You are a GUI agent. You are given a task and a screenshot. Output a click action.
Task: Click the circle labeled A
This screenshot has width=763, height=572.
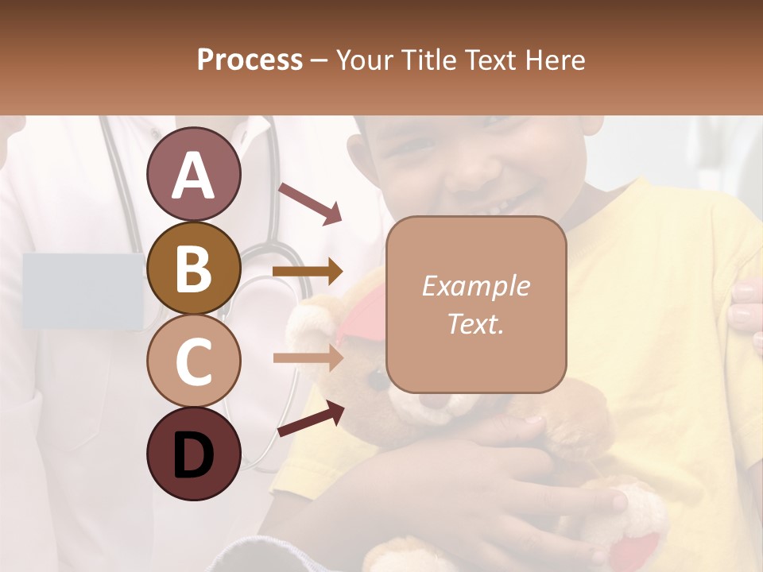coord(194,174)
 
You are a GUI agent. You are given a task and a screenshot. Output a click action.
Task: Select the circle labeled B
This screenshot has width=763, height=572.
coord(194,268)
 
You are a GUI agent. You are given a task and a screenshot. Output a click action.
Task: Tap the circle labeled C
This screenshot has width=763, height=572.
coord(194,361)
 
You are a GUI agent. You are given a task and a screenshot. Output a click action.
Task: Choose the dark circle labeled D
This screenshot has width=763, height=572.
coord(194,454)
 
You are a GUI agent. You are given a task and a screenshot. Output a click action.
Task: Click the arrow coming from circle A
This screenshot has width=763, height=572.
coord(310,203)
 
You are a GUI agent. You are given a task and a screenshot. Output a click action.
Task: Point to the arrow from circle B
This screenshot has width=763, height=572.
coord(308,272)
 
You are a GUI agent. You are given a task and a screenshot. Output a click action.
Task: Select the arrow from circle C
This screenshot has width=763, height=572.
coord(308,357)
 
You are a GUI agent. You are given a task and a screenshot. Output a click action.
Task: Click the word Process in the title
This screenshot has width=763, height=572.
coord(250,60)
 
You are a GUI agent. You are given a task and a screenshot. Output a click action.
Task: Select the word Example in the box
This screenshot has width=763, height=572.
coord(475,286)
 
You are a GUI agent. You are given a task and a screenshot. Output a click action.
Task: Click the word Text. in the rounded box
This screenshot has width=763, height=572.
coord(475,323)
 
